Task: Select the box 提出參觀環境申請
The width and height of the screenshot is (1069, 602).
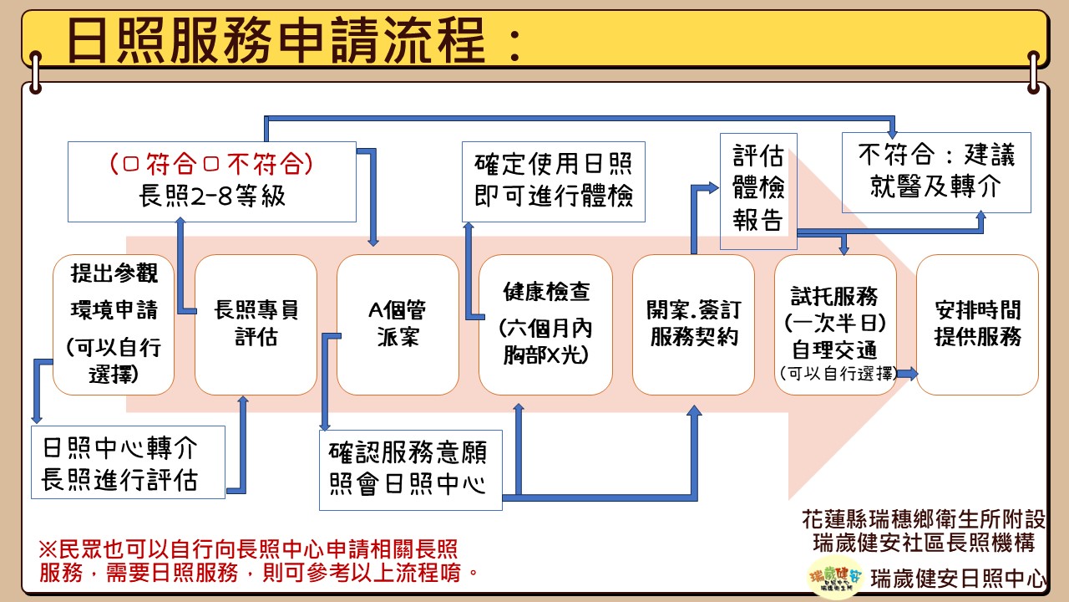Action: tap(114, 324)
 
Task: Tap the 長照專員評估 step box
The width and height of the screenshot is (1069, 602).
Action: tap(256, 324)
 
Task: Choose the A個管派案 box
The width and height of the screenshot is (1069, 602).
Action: tap(398, 324)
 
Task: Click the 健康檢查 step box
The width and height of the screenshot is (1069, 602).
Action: tap(546, 324)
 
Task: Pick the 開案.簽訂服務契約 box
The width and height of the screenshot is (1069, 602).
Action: tap(693, 324)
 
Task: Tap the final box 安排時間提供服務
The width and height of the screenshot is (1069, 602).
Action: tap(977, 324)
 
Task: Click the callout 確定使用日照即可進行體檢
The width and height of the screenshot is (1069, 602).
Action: tap(554, 181)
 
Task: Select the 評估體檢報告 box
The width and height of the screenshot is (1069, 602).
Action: tap(758, 191)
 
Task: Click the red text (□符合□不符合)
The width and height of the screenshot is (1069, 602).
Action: tap(211, 163)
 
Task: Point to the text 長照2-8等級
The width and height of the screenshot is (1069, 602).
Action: tap(211, 197)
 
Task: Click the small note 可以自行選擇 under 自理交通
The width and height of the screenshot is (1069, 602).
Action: tap(836, 374)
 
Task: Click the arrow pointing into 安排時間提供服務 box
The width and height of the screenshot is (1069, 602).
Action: tap(907, 374)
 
